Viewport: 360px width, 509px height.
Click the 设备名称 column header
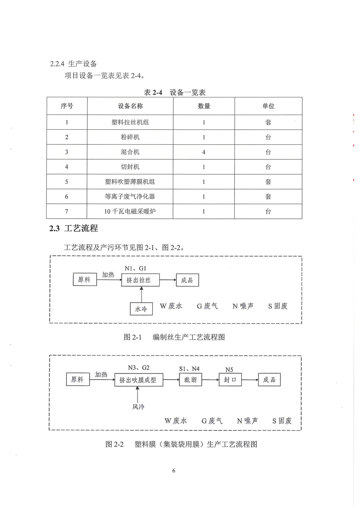click(130, 106)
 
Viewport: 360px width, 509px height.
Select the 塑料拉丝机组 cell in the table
click(130, 122)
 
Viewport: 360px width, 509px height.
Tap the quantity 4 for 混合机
click(204, 152)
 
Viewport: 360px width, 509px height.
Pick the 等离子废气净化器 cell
click(130, 196)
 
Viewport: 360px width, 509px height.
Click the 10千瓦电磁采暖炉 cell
click(130, 211)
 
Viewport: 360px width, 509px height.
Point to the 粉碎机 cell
click(130, 137)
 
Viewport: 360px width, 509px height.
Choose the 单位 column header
click(268, 106)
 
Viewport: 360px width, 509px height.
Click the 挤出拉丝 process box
click(141, 280)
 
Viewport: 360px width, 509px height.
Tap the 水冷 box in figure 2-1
click(141, 309)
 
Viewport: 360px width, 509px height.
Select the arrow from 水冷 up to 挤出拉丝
click(141, 295)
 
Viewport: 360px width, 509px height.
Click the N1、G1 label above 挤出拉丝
click(136, 268)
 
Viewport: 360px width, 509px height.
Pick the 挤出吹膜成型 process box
click(139, 380)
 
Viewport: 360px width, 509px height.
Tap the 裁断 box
click(191, 380)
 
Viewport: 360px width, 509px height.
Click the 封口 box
click(230, 380)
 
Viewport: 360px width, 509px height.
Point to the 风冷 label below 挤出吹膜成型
click(138, 407)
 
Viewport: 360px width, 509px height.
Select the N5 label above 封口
click(229, 369)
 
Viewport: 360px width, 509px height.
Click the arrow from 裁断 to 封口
click(210, 380)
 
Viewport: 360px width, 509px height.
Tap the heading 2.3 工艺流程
click(73, 228)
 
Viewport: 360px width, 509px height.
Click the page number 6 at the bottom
click(174, 470)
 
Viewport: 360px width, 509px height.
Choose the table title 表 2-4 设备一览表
click(175, 92)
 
